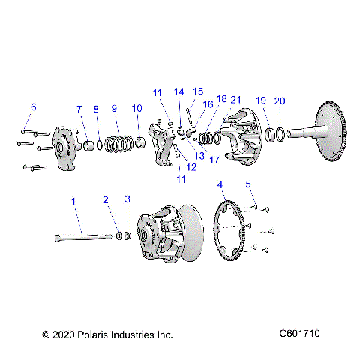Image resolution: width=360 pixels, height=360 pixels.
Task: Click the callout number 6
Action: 32,106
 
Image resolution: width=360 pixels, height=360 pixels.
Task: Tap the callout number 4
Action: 220,184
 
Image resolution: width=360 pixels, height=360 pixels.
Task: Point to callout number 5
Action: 248,184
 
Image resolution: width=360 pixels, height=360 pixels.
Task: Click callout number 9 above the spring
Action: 115,109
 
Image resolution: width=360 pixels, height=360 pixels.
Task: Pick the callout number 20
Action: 280,100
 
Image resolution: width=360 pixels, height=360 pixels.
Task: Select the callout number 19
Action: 260,100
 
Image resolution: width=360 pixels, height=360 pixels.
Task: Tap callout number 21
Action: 235,100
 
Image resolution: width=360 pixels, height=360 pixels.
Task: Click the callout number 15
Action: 198,91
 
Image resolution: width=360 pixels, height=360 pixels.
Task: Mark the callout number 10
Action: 136,109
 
